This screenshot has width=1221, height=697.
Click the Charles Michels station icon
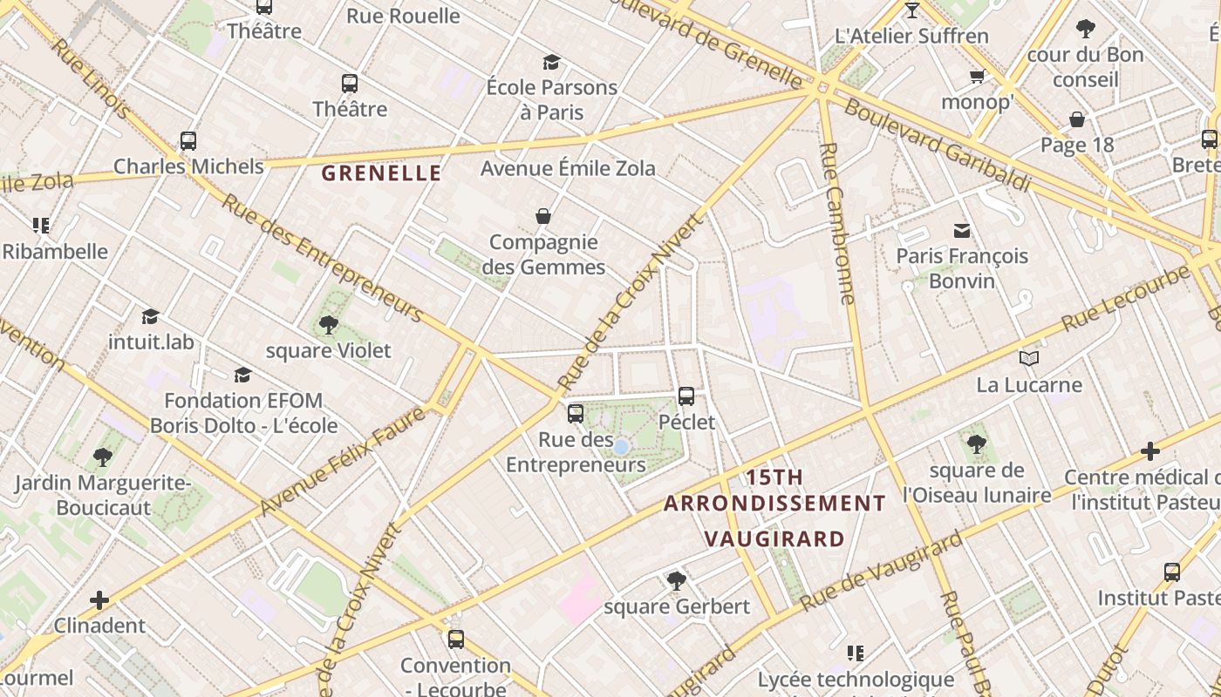[x=188, y=140]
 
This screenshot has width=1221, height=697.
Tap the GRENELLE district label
[x=381, y=173]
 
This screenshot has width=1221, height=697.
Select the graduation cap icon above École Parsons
[x=551, y=62]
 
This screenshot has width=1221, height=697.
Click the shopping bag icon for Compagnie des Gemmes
[x=543, y=216]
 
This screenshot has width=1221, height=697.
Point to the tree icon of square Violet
[x=329, y=325]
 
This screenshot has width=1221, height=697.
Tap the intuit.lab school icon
[x=151, y=316]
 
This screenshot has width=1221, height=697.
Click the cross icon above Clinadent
[x=99, y=600]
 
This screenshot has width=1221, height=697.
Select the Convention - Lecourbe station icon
[x=455, y=639]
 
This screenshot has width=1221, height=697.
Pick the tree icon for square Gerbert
[x=676, y=580]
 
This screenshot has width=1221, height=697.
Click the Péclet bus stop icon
[x=686, y=396]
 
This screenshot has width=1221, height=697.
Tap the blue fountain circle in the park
[x=621, y=447]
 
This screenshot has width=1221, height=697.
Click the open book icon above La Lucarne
[x=1029, y=359]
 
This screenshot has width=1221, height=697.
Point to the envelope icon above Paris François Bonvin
[x=962, y=231]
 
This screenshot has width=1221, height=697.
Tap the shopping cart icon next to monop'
[x=977, y=77]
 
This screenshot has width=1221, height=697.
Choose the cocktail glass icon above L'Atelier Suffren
[x=912, y=10]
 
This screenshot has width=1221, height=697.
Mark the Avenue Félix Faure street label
[x=342, y=461]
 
